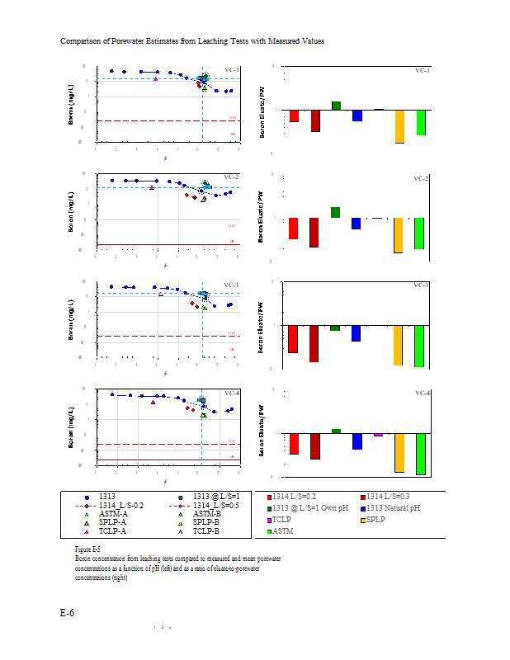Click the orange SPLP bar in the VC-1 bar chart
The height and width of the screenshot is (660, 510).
(399, 126)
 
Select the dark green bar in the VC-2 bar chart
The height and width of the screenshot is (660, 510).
(336, 213)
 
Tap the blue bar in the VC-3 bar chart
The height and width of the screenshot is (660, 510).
(357, 333)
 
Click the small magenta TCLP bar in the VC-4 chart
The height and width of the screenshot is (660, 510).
(379, 435)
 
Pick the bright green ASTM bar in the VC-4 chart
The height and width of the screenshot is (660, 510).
(421, 454)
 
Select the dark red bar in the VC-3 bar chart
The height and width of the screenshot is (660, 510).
(314, 343)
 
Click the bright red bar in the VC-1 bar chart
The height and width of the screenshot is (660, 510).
(294, 115)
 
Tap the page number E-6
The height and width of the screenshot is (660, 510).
(68, 613)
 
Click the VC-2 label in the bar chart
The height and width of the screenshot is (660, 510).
(421, 178)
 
